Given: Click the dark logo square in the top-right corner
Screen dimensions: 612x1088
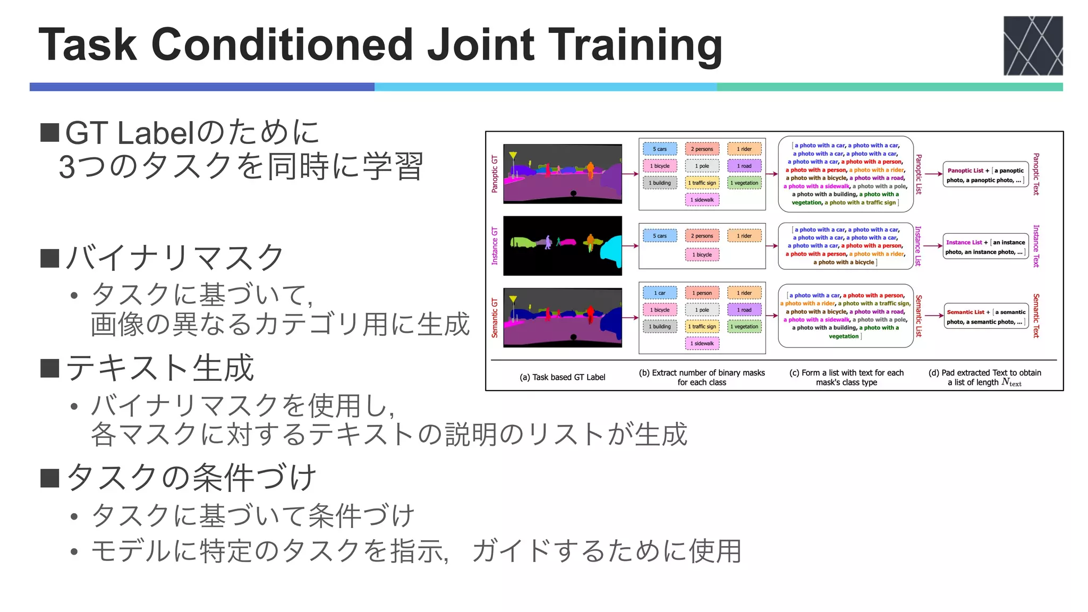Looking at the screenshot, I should pos(1032,46).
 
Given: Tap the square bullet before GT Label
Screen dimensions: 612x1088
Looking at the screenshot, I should pos(49,133).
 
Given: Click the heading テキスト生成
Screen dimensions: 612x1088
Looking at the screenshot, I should pos(160,368).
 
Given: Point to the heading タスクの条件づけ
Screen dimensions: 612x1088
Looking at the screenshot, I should pos(192,478).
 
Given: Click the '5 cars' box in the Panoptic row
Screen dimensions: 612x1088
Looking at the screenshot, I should pos(659,149).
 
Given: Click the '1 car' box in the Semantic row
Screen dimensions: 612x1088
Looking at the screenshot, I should pos(659,293).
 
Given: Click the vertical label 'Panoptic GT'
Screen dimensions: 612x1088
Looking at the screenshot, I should pos(495,174).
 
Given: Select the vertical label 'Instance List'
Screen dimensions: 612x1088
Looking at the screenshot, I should pos(918,246).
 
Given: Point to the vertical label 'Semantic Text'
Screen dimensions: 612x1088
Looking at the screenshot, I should pos(1035,316).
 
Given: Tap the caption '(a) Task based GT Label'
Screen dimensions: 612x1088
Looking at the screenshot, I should pos(562,377).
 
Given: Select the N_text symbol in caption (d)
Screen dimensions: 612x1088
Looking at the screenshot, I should pos(1011,382).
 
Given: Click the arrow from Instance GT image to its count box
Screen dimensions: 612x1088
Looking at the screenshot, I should pos(630,246).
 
